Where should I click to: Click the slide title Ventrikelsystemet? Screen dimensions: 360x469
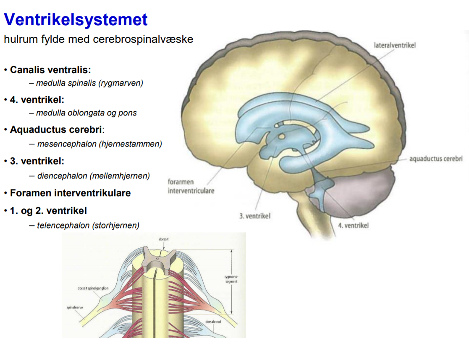[76, 20]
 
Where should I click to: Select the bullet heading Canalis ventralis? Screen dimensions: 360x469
[50, 70]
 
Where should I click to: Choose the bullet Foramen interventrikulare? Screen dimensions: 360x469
[70, 193]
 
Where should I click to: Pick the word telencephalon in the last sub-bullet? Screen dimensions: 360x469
[63, 226]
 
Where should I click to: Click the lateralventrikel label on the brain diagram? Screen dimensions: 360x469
[394, 45]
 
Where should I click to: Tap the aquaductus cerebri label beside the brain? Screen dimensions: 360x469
[435, 159]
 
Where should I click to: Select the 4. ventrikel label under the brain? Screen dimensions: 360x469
[353, 226]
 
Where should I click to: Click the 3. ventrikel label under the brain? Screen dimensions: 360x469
[255, 216]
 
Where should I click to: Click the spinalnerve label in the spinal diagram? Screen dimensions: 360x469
[75, 307]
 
